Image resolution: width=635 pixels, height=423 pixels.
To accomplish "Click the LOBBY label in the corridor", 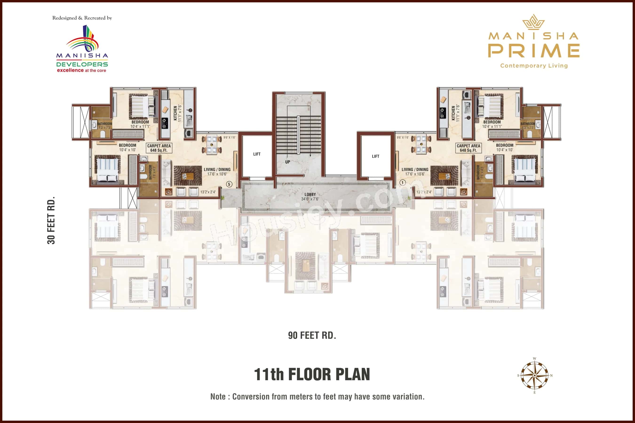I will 310,194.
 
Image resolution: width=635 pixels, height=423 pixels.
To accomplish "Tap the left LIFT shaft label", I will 257,154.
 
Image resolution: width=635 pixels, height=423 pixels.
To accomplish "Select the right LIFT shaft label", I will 376,156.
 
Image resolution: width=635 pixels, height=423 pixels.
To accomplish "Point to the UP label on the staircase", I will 288,162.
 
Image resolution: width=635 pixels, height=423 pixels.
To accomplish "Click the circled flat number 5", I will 229,184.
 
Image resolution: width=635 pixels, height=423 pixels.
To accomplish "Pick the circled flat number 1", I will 402,183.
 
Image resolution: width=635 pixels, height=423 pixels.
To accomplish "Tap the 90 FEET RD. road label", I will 312,335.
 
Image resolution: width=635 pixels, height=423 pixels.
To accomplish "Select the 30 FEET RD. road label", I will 51,220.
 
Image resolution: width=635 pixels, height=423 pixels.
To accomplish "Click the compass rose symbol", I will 535,375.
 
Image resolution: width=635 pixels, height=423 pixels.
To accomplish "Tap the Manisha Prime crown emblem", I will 533,22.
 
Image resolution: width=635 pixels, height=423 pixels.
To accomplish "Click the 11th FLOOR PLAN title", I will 312,374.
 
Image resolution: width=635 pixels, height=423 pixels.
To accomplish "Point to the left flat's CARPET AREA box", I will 159,148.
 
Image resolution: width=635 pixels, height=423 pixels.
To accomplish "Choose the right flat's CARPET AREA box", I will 468,148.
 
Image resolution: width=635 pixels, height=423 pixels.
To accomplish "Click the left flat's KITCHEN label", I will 175,113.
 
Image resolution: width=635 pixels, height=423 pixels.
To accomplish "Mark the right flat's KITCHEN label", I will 453,113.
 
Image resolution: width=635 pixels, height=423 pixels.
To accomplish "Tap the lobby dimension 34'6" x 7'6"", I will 310,199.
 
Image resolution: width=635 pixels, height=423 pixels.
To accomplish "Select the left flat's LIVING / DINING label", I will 217,169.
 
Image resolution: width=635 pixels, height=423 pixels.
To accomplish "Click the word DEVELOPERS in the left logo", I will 82,64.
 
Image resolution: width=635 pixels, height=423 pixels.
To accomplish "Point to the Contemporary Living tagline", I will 534,66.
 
